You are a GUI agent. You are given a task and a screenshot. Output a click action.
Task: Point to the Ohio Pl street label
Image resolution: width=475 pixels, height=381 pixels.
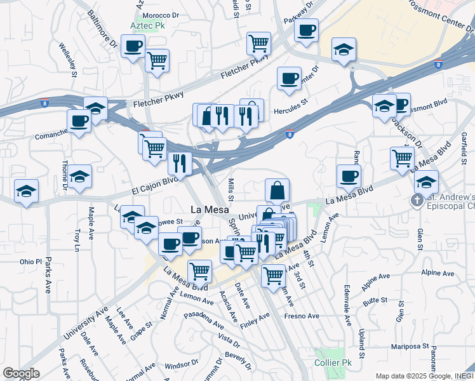(30, 262)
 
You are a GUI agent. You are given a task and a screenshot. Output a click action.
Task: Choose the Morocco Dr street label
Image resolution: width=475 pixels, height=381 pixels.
(161, 15)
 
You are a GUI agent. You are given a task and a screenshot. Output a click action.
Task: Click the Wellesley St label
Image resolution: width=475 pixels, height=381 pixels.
(67, 60)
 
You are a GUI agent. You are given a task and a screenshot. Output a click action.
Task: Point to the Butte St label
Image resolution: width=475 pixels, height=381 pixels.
(375, 299)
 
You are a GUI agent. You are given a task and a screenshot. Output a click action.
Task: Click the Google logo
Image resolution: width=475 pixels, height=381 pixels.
(21, 373)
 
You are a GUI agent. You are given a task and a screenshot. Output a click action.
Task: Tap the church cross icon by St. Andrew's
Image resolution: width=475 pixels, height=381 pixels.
(417, 201)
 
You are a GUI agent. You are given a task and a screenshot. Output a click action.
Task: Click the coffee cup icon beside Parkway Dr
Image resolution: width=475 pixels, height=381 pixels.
(306, 30)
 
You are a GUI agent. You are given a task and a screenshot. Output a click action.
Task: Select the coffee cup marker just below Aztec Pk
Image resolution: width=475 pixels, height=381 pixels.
(133, 46)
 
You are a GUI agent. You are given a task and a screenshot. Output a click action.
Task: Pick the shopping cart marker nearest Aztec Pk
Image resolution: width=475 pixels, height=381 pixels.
(157, 61)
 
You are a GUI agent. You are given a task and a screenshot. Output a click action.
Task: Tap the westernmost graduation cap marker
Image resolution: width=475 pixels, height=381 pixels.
(27, 190)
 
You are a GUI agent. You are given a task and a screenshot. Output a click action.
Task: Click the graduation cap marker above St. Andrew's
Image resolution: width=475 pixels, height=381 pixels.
(426, 181)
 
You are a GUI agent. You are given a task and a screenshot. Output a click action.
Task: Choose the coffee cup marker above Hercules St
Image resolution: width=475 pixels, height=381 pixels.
(289, 78)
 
